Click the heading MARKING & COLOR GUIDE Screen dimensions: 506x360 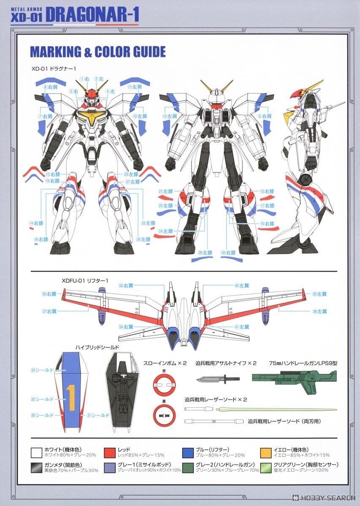97,52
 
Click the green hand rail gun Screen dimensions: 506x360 294,377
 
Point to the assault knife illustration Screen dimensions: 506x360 217,378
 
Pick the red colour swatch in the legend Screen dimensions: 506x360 110,452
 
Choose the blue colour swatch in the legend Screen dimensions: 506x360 187,452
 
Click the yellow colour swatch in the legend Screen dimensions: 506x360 265,452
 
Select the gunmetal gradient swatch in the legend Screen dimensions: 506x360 36,467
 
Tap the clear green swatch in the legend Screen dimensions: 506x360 265,467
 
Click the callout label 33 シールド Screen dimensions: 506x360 42,370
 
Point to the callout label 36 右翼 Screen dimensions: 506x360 49,294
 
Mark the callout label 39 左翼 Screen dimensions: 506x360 319,294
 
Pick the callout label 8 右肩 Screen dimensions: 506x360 50,87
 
